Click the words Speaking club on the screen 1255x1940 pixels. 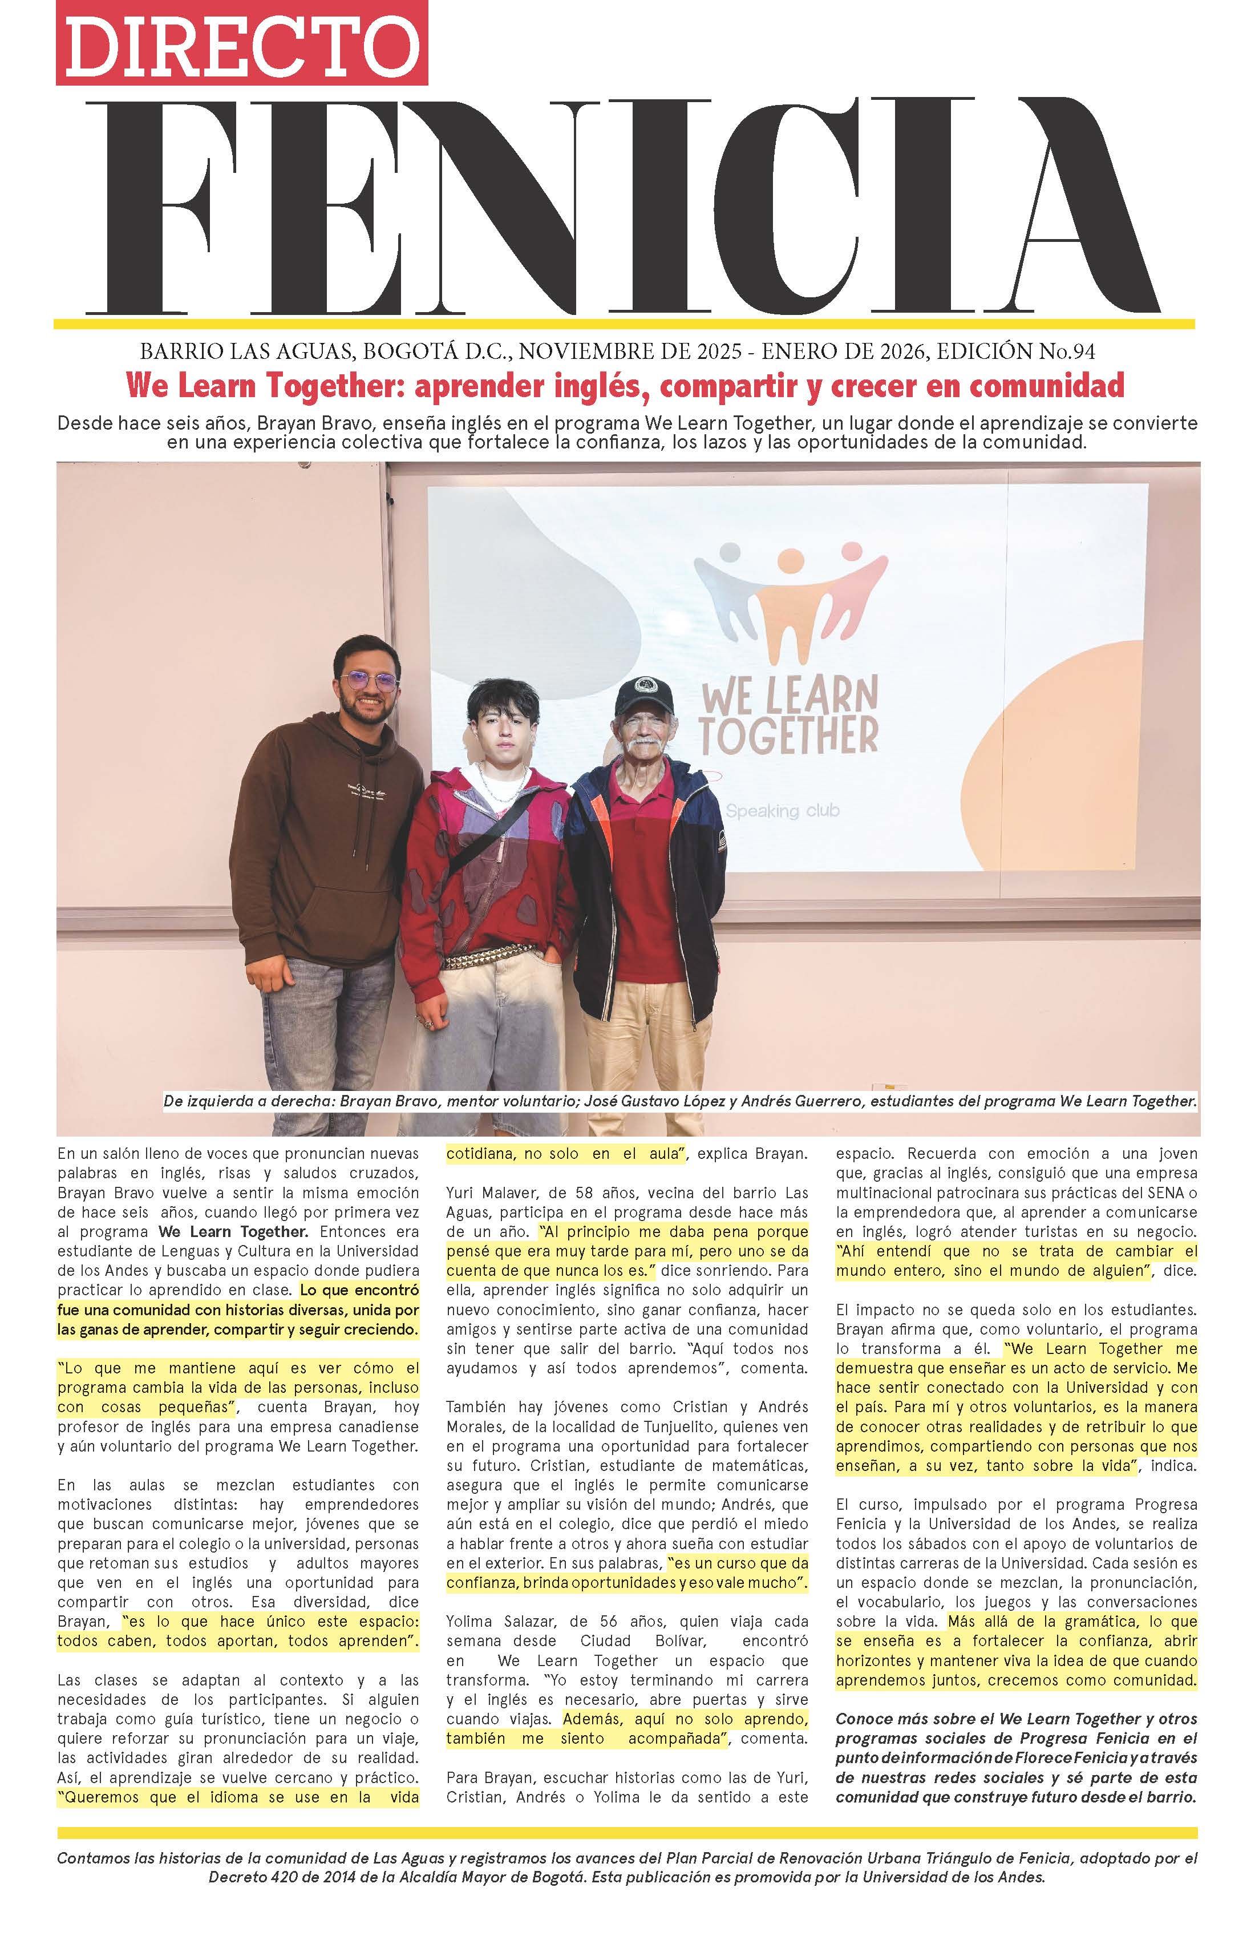[x=782, y=810]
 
